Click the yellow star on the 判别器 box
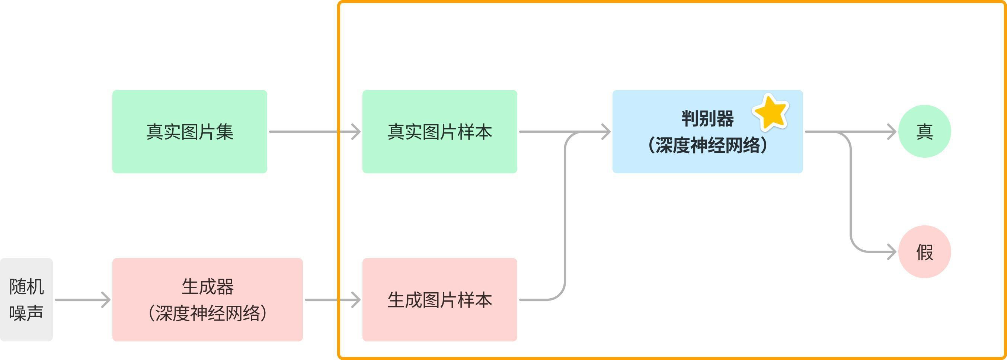771,113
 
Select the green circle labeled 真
924,131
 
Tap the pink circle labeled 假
924,252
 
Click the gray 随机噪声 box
26,299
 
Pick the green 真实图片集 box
189,131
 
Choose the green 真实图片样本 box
439,131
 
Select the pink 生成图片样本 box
439,299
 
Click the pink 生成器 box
207,299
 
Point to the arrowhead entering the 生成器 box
106,300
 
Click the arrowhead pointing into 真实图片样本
357,132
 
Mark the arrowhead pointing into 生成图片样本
357,300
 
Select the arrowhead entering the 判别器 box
607,132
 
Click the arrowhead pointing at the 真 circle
892,132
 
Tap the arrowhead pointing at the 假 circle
892,252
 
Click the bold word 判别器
707,118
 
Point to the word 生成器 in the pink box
208,286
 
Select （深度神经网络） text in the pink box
208,313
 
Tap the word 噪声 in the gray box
26,313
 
